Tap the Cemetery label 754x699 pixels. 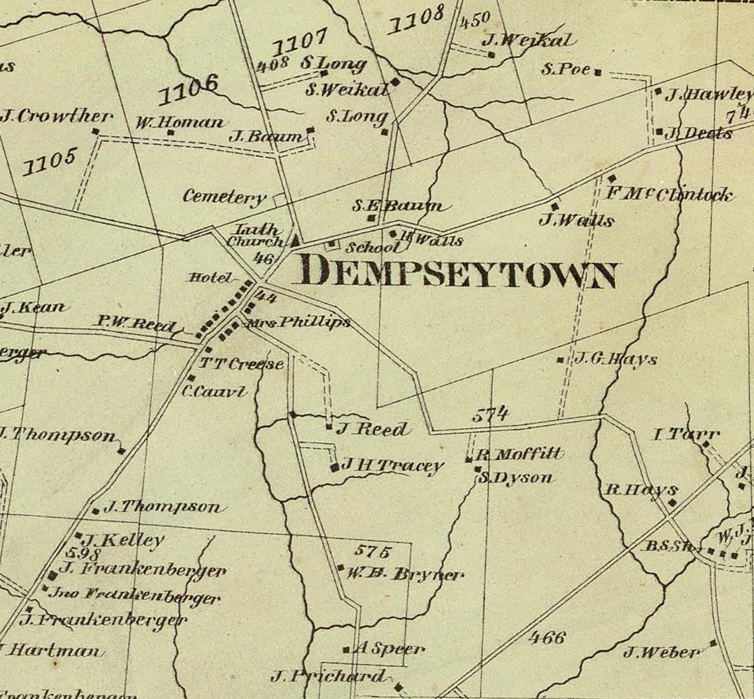224,196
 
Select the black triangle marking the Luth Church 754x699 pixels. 296,240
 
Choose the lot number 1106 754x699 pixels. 189,89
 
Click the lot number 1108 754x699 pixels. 417,19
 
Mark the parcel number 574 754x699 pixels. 490,415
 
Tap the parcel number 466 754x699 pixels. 546,638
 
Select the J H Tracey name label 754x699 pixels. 392,466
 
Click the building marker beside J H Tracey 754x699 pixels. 335,468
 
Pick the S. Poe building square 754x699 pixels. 598,73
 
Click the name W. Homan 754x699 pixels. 179,122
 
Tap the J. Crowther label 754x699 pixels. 56,117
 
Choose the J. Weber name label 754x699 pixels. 661,653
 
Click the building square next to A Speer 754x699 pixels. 346,650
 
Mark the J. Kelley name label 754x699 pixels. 123,541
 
